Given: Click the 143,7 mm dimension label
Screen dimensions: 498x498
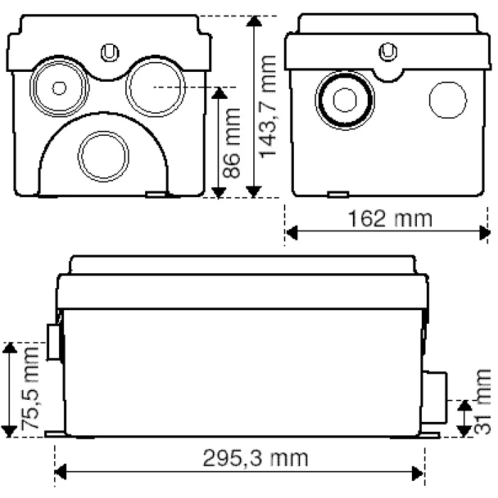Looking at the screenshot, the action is [x=267, y=107].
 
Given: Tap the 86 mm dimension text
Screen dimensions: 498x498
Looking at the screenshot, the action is [x=231, y=143].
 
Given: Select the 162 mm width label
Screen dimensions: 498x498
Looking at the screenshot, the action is [x=390, y=218].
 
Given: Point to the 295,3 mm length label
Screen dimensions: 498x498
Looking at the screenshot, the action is [x=255, y=458].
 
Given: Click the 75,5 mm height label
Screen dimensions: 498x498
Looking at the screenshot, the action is [x=30, y=388].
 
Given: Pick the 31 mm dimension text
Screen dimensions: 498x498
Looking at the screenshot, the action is [x=482, y=401].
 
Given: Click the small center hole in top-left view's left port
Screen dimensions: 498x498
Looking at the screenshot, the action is [x=59, y=88].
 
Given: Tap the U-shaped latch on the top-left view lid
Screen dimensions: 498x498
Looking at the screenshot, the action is [x=110, y=53].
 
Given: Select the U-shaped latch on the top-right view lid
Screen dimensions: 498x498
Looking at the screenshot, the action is [x=388, y=51].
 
